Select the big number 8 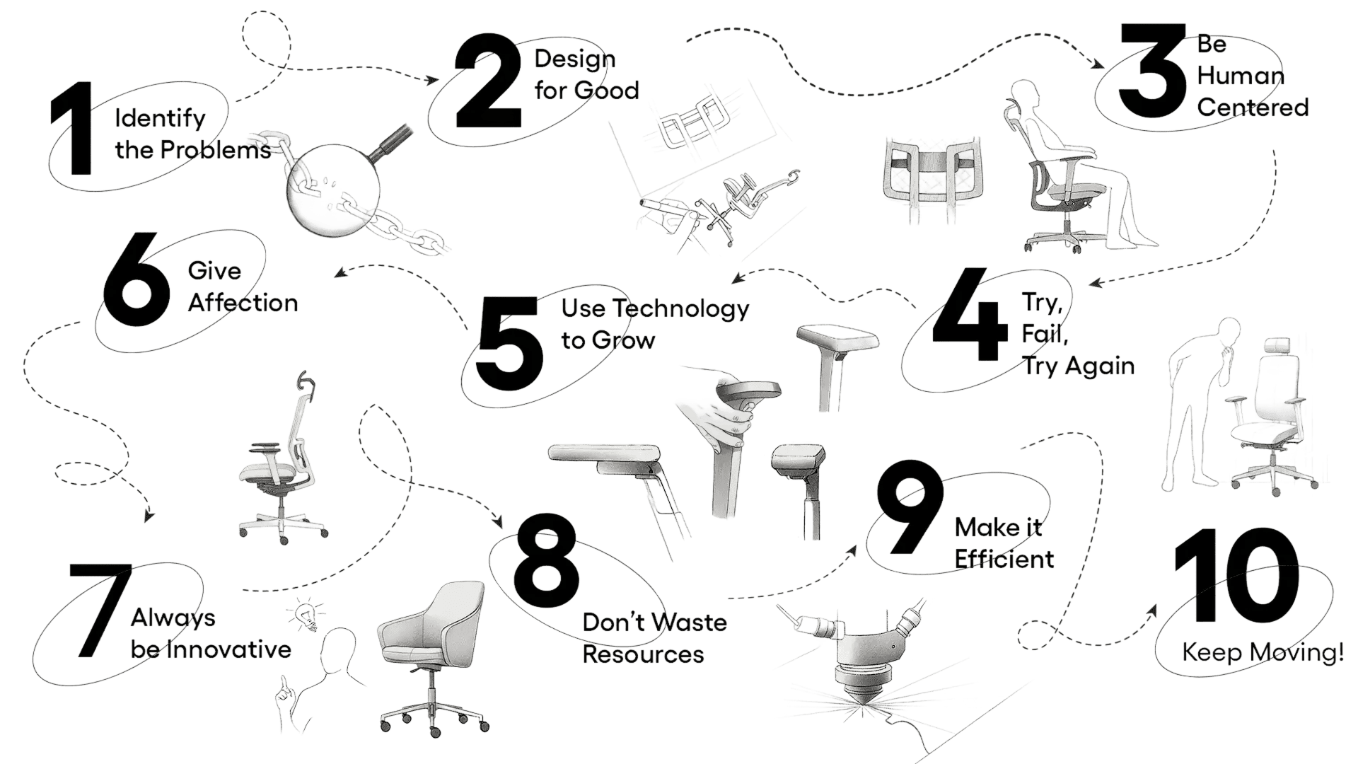[x=547, y=561]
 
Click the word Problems [x=215, y=150]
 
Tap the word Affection [x=243, y=302]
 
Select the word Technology [x=680, y=309]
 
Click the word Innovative [x=228, y=649]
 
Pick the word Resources [x=643, y=654]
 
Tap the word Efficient [x=1004, y=559]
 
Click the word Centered [x=1253, y=107]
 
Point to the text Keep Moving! [x=1263, y=652]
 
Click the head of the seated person [x=1023, y=94]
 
